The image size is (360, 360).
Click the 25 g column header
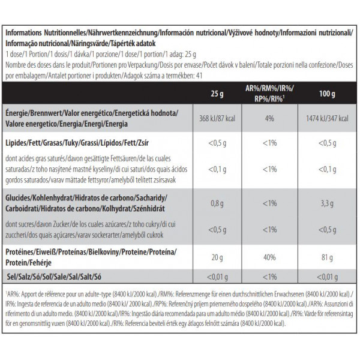[x=217, y=94]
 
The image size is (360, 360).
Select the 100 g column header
[x=327, y=94]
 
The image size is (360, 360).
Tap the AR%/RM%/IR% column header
[x=269, y=94]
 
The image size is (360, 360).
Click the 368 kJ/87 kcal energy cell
[x=217, y=118]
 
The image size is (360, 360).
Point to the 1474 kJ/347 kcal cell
[x=327, y=118]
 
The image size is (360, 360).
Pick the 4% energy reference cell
[x=269, y=118]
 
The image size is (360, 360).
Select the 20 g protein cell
[x=217, y=257]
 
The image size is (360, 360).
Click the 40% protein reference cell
[x=269, y=257]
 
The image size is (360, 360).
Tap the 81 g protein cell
[x=327, y=257]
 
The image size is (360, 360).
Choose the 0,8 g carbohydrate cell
[x=217, y=203]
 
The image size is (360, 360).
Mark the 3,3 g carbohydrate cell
[x=327, y=203]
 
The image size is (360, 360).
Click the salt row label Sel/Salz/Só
[x=54, y=277]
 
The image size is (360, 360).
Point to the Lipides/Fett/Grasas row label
[x=77, y=143]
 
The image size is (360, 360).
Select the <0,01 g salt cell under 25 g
[x=217, y=277]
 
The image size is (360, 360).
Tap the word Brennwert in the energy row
[x=46, y=113]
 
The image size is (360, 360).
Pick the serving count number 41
[x=199, y=76]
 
